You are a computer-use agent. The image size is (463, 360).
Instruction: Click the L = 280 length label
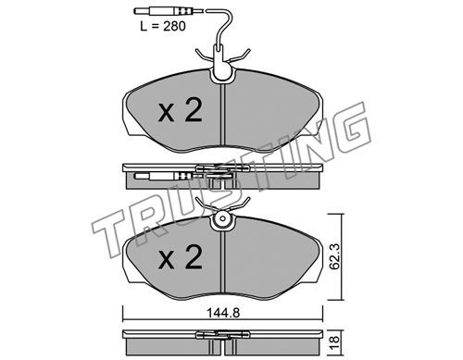point(163,26)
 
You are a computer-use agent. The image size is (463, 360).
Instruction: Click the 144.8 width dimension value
point(223,314)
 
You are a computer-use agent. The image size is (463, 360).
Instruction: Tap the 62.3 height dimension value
point(334,256)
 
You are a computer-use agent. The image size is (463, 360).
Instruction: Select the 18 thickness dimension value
point(334,341)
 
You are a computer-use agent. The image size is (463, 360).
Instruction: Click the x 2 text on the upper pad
point(181,110)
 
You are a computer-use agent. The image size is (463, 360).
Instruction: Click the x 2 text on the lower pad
point(181,257)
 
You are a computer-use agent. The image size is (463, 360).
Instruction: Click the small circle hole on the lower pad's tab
point(222,218)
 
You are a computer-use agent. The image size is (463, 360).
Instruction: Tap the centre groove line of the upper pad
point(222,115)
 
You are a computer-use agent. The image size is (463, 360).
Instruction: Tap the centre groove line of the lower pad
point(222,262)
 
